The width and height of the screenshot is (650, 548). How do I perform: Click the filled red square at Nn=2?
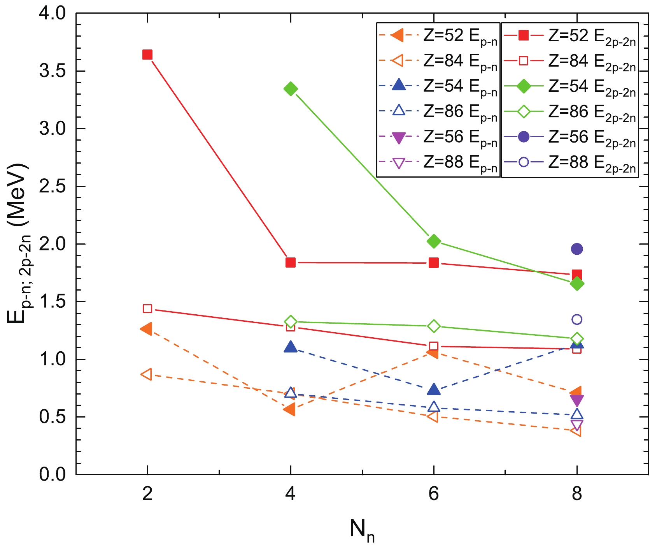coord(147,55)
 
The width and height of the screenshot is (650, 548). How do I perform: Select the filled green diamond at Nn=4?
coord(291,89)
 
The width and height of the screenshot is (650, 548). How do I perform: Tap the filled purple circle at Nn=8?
coord(576,249)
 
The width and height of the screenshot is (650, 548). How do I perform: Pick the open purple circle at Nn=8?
coord(576,319)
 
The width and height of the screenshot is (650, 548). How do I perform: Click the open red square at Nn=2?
coord(147,309)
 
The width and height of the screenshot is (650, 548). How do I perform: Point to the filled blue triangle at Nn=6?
coord(434,389)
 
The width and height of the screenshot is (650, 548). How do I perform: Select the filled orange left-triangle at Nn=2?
coord(146,328)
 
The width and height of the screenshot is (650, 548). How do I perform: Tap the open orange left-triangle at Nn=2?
coord(146,375)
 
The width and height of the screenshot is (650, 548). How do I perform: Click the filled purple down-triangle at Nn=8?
coord(576,400)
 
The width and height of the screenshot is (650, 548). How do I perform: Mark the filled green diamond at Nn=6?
coord(434,241)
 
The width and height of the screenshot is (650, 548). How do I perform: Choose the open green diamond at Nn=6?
coord(434,326)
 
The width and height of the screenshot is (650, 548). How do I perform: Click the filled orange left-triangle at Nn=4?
coord(289,409)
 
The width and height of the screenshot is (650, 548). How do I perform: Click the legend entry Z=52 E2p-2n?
coord(570,36)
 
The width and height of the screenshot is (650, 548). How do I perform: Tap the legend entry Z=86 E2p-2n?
coord(570,112)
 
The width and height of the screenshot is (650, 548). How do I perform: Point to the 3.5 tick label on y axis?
coord(53,71)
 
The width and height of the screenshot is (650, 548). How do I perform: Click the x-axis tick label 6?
coord(433,494)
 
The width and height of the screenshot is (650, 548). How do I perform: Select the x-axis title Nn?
coord(362,530)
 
